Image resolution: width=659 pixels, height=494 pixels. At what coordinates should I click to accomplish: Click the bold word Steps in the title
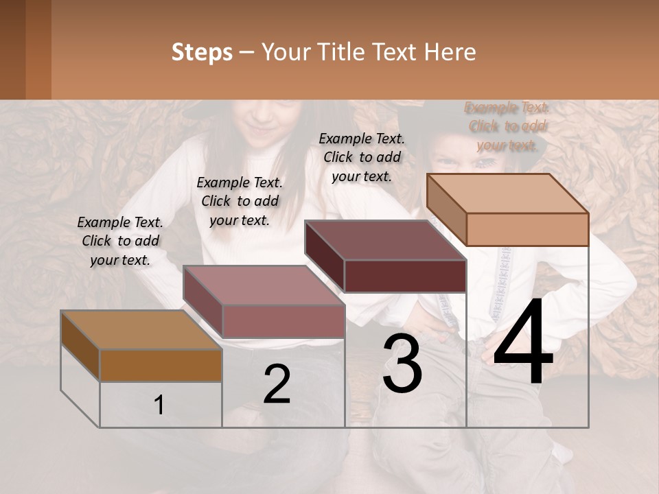coord(202,52)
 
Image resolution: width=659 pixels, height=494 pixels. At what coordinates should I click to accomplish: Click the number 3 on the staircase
coord(402,364)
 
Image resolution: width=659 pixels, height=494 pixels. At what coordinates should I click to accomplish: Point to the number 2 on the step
coord(277,384)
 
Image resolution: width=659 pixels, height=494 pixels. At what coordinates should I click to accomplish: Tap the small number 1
coord(159,405)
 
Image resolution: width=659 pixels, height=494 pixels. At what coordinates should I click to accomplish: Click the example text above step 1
coord(120,242)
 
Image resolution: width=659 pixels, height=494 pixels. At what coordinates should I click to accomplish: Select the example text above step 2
coord(240,201)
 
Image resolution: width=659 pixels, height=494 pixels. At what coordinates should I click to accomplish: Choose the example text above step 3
coord(362,157)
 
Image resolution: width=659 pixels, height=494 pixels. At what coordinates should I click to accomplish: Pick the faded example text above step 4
coord(507,126)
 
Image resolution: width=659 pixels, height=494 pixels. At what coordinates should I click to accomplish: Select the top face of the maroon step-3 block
coord(384,240)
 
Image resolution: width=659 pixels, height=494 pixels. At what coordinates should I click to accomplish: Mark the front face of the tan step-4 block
coord(527,229)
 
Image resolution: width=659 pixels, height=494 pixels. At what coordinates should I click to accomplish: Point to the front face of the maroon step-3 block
coord(405,277)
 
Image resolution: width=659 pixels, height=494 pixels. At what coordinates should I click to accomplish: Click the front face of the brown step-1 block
coord(161,365)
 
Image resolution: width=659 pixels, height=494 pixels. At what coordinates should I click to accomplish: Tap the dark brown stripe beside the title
coord(13,49)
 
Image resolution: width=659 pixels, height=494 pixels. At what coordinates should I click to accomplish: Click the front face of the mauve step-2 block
coord(283,321)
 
